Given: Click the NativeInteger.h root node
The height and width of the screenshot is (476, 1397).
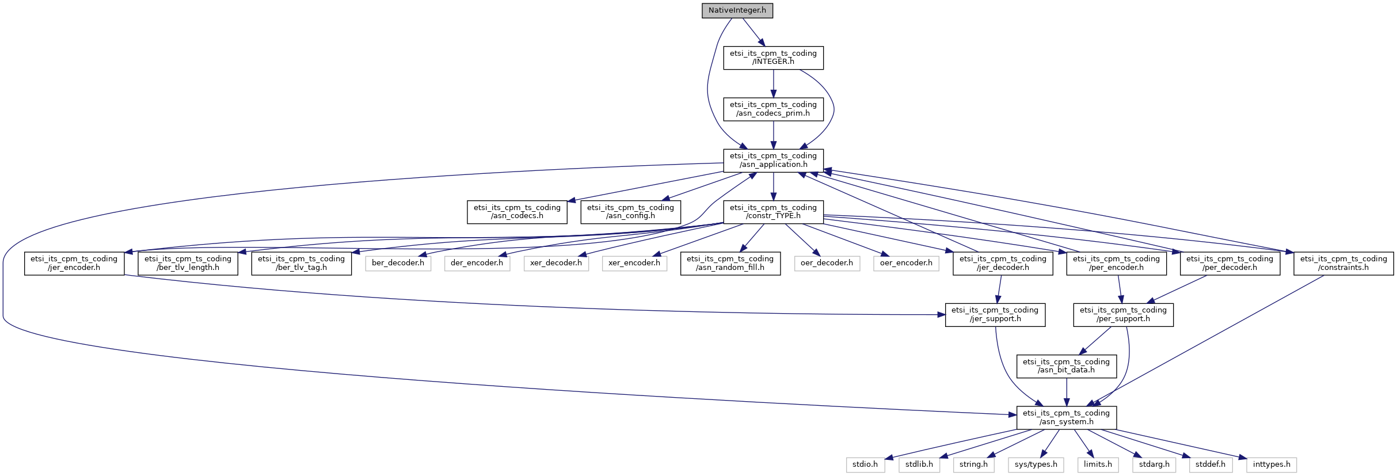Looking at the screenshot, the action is click(737, 10).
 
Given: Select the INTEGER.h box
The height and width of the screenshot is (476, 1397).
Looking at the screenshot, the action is click(773, 58).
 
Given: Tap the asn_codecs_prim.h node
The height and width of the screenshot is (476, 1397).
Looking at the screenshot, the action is click(773, 109).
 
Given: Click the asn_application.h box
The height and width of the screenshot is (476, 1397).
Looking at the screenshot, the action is click(773, 160).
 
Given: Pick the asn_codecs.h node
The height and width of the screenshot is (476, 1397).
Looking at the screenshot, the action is click(517, 212).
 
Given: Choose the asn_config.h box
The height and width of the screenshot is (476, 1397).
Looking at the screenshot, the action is click(630, 212).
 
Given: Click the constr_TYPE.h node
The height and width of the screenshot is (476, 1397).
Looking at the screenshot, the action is click(773, 212).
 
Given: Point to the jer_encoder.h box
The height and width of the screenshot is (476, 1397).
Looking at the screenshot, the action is click(74, 263).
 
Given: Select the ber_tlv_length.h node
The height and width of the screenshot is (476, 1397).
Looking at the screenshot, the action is click(188, 263).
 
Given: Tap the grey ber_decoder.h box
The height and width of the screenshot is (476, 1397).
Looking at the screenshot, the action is click(398, 263).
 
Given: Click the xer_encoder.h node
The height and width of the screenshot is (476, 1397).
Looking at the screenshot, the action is click(634, 263).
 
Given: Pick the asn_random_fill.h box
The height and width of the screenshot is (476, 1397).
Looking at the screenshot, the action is click(730, 263).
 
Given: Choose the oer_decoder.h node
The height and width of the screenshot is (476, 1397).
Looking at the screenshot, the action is click(827, 263).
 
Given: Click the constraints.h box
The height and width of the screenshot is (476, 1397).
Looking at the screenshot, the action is click(1343, 263).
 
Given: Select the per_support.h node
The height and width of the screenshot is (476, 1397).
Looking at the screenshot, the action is click(1123, 314).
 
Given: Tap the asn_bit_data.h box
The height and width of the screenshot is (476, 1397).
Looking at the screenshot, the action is click(1066, 366).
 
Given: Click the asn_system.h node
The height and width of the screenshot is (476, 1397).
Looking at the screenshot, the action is click(1066, 417).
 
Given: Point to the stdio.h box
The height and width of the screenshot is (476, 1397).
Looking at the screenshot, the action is click(865, 464).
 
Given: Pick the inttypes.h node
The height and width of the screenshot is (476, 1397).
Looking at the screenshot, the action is click(1272, 464).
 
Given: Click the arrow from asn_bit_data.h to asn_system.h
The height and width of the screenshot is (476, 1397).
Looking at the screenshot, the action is click(1066, 392).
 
